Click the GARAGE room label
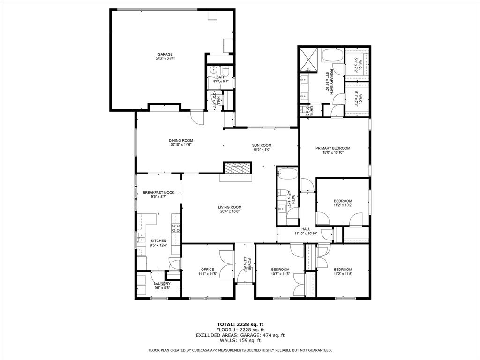pyautogui.click(x=165, y=54)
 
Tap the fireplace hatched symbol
pyautogui.click(x=237, y=168)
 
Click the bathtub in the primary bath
pyautogui.click(x=332, y=55)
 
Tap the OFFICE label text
pyautogui.click(x=207, y=269)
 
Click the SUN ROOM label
pyautogui.click(x=262, y=145)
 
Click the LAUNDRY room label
pyautogui.click(x=162, y=283)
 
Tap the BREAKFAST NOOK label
pyautogui.click(x=158, y=193)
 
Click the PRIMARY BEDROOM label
pyautogui.click(x=332, y=148)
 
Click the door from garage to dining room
pyautogui.click(x=197, y=116)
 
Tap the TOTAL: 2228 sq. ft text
pyautogui.click(x=240, y=324)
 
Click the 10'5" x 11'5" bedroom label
pyautogui.click(x=280, y=269)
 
